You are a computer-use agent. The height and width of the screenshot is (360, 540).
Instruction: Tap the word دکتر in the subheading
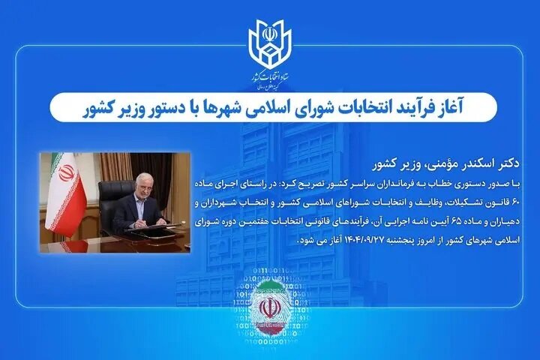click(x=491, y=163)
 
